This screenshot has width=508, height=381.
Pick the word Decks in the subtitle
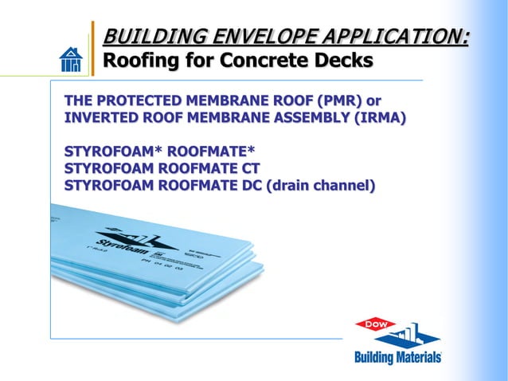[344, 61]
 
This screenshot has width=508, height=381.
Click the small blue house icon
[71, 59]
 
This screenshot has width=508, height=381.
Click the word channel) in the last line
[346, 186]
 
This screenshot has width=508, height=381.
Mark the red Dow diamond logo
[376, 324]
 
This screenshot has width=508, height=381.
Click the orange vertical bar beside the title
[93, 49]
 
